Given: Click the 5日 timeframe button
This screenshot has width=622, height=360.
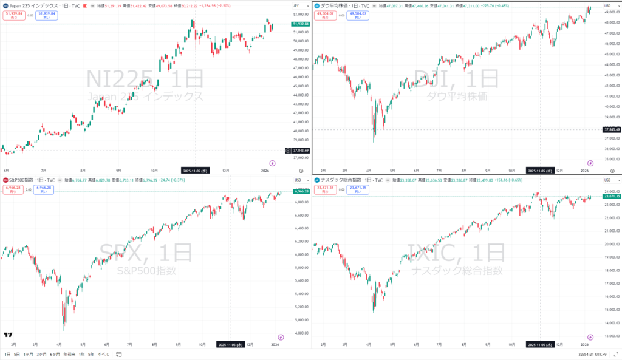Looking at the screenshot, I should [x=17, y=354].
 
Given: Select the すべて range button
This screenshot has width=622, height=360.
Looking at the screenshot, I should [x=104, y=354].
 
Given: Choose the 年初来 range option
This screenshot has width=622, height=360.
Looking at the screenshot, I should [x=70, y=354].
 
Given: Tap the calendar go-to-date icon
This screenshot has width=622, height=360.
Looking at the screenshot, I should [x=120, y=354].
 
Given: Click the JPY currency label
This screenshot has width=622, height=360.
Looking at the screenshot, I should [x=296, y=5].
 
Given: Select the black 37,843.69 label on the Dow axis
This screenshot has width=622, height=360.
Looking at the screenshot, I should [x=611, y=129].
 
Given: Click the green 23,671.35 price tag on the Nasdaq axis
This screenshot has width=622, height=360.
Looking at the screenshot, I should [x=611, y=197].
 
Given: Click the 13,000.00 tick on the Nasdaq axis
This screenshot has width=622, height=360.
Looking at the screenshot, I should [x=610, y=336].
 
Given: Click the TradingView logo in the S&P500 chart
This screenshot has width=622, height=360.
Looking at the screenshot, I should [x=8, y=335].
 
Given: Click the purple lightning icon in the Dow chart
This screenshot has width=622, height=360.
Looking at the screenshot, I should [x=590, y=163].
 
